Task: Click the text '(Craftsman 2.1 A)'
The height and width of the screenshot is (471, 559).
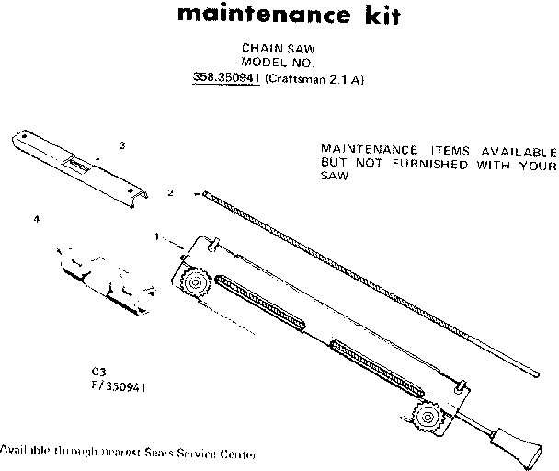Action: (x=315, y=79)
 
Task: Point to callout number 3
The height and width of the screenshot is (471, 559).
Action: (x=122, y=145)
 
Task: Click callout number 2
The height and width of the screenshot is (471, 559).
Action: (x=171, y=193)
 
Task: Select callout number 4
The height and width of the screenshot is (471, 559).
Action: (x=36, y=220)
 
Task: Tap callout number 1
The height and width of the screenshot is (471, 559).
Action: (x=158, y=236)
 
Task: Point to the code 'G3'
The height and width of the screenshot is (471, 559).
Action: (x=96, y=372)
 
